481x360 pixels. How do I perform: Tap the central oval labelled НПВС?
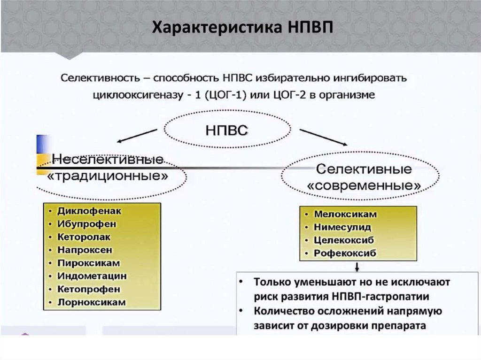click(x=226, y=130)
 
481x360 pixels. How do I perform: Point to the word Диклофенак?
click(x=89, y=211)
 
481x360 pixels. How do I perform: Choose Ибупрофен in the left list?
click(x=87, y=224)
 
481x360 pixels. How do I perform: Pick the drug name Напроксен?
click(x=85, y=250)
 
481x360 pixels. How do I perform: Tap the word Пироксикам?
click(x=89, y=263)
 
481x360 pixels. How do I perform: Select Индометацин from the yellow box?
click(x=92, y=276)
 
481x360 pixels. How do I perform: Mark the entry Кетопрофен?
click(x=89, y=289)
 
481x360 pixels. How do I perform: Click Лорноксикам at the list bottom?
click(x=92, y=302)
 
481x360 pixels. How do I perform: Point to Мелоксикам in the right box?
click(x=345, y=214)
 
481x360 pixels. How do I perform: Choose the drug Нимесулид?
click(x=342, y=227)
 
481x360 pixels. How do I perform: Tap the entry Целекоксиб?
click(x=344, y=240)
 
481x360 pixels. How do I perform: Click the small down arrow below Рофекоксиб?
click(x=357, y=266)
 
